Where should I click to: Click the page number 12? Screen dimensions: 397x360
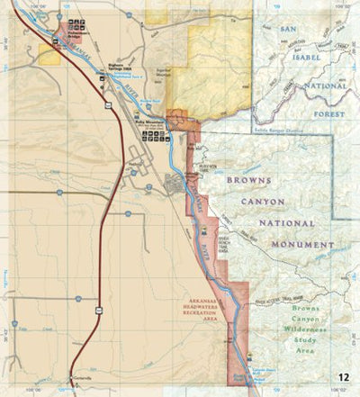coord(345,377)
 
